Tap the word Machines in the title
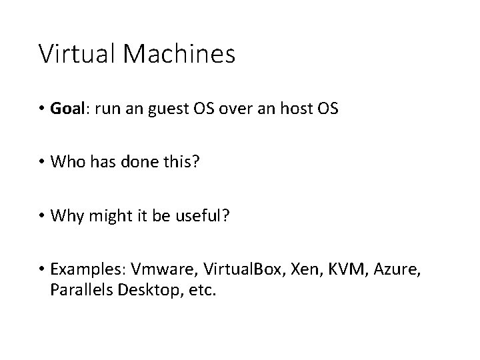coord(178,53)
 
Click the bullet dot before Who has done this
coord(42,162)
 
